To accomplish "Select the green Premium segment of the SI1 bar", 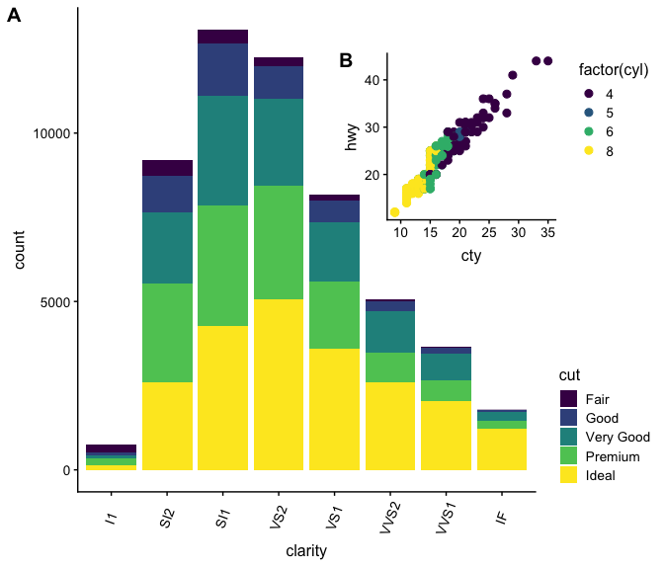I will (222, 265).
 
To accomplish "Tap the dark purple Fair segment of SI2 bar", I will (167, 168).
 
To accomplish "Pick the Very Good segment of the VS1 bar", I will (335, 251).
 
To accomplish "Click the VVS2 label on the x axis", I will (388, 518).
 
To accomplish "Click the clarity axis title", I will (306, 550).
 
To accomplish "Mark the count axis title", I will (21, 251).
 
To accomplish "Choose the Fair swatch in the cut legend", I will (568, 398).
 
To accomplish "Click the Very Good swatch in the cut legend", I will (568, 437).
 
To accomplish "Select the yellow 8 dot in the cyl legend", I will (590, 150).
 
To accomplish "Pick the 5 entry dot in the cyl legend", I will (590, 113).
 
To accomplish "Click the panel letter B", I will (346, 60).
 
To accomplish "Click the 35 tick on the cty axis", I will (547, 232).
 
